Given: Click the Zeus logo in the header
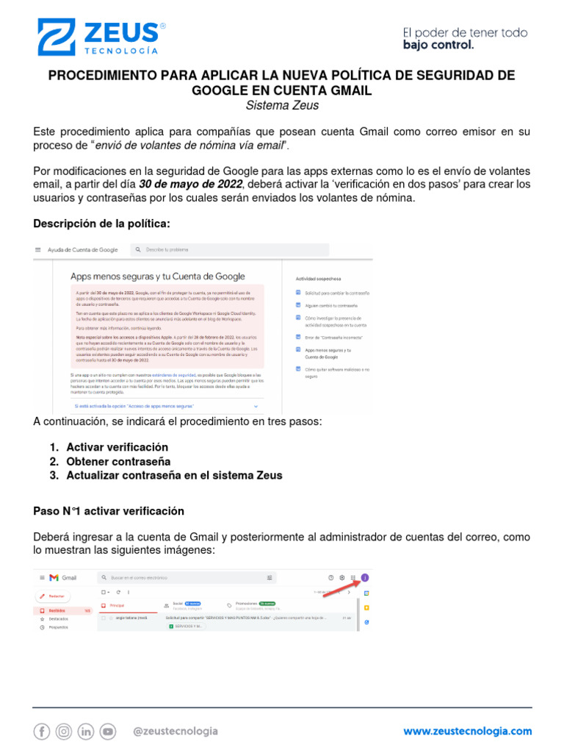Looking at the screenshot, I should pos(100,38).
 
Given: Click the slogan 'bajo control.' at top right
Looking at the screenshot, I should pos(438,45).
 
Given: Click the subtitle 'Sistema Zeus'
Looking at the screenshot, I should pos(282,105).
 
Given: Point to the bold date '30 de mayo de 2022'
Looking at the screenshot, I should pos(190,184).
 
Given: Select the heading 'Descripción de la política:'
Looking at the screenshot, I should pos(101,224).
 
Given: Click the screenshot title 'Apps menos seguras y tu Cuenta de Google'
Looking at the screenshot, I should pos(157,276).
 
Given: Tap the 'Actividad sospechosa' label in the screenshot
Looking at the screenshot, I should pos(318,279).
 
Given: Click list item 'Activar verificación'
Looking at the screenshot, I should pos(117,447).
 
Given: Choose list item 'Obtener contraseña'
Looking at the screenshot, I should pos(114,461).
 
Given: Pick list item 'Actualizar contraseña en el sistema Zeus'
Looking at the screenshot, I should pos(174,475).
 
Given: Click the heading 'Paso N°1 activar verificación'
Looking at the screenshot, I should pos(109,510).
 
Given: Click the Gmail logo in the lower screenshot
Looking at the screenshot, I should pos(63,578).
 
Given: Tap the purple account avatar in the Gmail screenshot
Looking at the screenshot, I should pos(365,577).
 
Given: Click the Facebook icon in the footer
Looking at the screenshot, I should pos(42,731).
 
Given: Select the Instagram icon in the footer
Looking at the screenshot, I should pos(64,731).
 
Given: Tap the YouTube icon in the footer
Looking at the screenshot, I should pos(108,731).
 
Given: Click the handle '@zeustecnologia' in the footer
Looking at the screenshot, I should pos(175,731).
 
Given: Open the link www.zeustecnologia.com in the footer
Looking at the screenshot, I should pos(467,731).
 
